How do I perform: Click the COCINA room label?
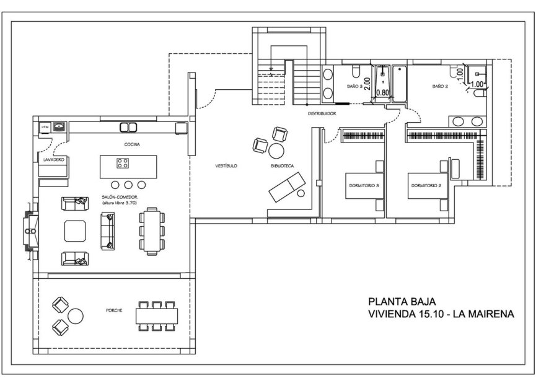(x=131, y=144)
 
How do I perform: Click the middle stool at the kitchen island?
(x=128, y=185)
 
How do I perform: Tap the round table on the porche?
(x=75, y=315)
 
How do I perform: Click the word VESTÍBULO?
(x=226, y=166)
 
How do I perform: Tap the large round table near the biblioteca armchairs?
(x=276, y=151)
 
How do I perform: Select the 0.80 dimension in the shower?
(x=382, y=93)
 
